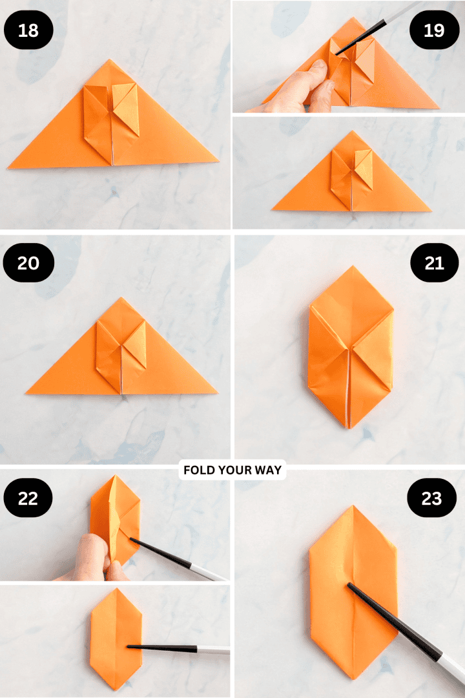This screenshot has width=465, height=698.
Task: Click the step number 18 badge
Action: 28,30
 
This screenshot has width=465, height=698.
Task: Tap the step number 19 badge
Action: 434,30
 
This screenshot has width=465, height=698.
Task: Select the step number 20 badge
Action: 28,263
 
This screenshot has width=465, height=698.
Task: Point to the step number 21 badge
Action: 434,263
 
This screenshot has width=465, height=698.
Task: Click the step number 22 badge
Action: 28,498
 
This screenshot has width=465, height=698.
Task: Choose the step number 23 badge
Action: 431,498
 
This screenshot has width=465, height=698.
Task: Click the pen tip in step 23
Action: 350,586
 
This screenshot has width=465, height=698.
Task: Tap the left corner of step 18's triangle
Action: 10,167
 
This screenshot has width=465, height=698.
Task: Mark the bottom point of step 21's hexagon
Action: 349,427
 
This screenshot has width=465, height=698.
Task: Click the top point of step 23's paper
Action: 352,507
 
